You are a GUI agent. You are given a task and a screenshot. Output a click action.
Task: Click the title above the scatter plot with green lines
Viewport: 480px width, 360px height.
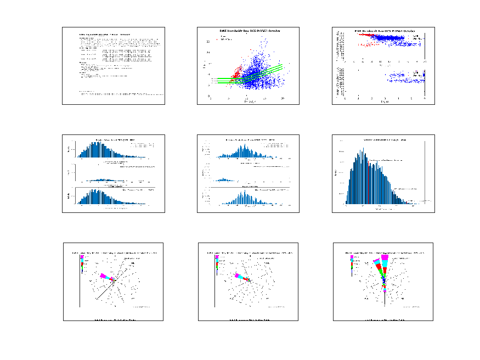click(250, 31)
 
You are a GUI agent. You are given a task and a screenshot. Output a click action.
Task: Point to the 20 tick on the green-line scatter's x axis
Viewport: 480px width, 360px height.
click(282, 98)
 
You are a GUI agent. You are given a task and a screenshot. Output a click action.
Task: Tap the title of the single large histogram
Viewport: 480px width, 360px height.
click(384, 141)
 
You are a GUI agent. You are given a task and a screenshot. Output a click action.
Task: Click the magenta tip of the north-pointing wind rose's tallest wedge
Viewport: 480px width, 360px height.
click(385, 257)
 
